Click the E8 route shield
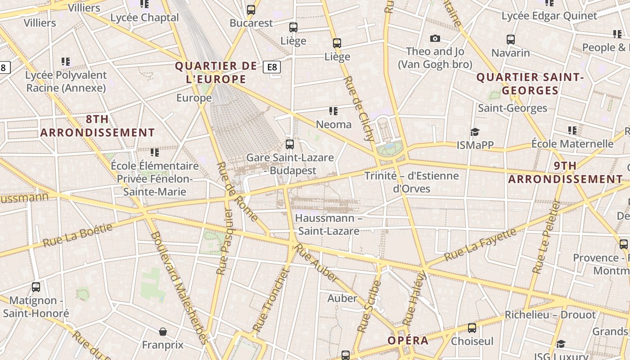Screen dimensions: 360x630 [272, 67]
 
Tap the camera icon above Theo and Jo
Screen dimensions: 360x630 [435, 39]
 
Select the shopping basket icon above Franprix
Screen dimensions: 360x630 [163, 332]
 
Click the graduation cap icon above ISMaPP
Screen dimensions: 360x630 [475, 132]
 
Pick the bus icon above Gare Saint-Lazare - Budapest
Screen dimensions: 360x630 [290, 144]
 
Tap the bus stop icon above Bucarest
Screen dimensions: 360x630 [251, 9]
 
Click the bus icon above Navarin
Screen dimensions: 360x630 [510, 40]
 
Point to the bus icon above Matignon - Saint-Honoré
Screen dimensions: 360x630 [36, 287]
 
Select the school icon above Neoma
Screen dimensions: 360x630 [333, 111]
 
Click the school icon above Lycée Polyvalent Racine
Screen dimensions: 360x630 [66, 61]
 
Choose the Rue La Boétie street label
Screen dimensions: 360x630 [77, 235]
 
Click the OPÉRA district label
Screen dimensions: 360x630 [408, 341]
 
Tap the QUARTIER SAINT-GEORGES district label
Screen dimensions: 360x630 [530, 84]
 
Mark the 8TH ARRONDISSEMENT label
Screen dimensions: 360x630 [97, 126]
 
